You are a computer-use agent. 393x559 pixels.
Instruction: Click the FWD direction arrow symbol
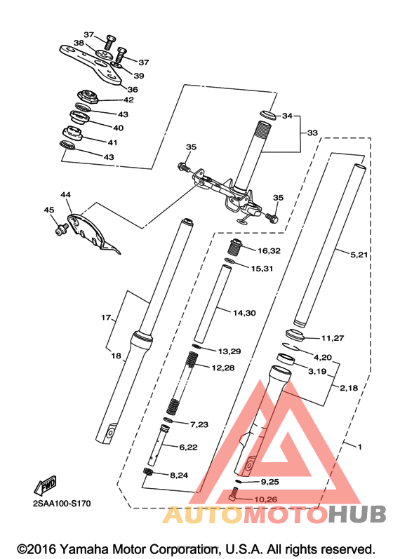click(46, 485)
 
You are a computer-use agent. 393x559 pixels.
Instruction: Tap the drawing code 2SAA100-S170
click(62, 504)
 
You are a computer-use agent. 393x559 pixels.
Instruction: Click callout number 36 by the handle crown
click(133, 89)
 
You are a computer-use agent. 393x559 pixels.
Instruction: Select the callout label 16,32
click(269, 250)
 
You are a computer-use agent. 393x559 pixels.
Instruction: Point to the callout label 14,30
click(245, 313)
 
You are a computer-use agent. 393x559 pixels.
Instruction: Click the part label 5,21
click(359, 255)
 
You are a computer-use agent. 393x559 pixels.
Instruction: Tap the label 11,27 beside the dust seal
click(333, 337)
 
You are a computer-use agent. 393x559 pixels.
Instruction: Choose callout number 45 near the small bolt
click(49, 210)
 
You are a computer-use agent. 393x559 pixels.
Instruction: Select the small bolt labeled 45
click(62, 229)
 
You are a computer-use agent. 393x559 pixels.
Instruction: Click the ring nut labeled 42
click(88, 97)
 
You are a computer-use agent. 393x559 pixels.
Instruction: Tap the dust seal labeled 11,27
click(295, 335)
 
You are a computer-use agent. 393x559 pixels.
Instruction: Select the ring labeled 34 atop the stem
click(267, 115)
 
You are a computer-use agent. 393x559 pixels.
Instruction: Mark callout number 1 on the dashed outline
click(359, 447)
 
